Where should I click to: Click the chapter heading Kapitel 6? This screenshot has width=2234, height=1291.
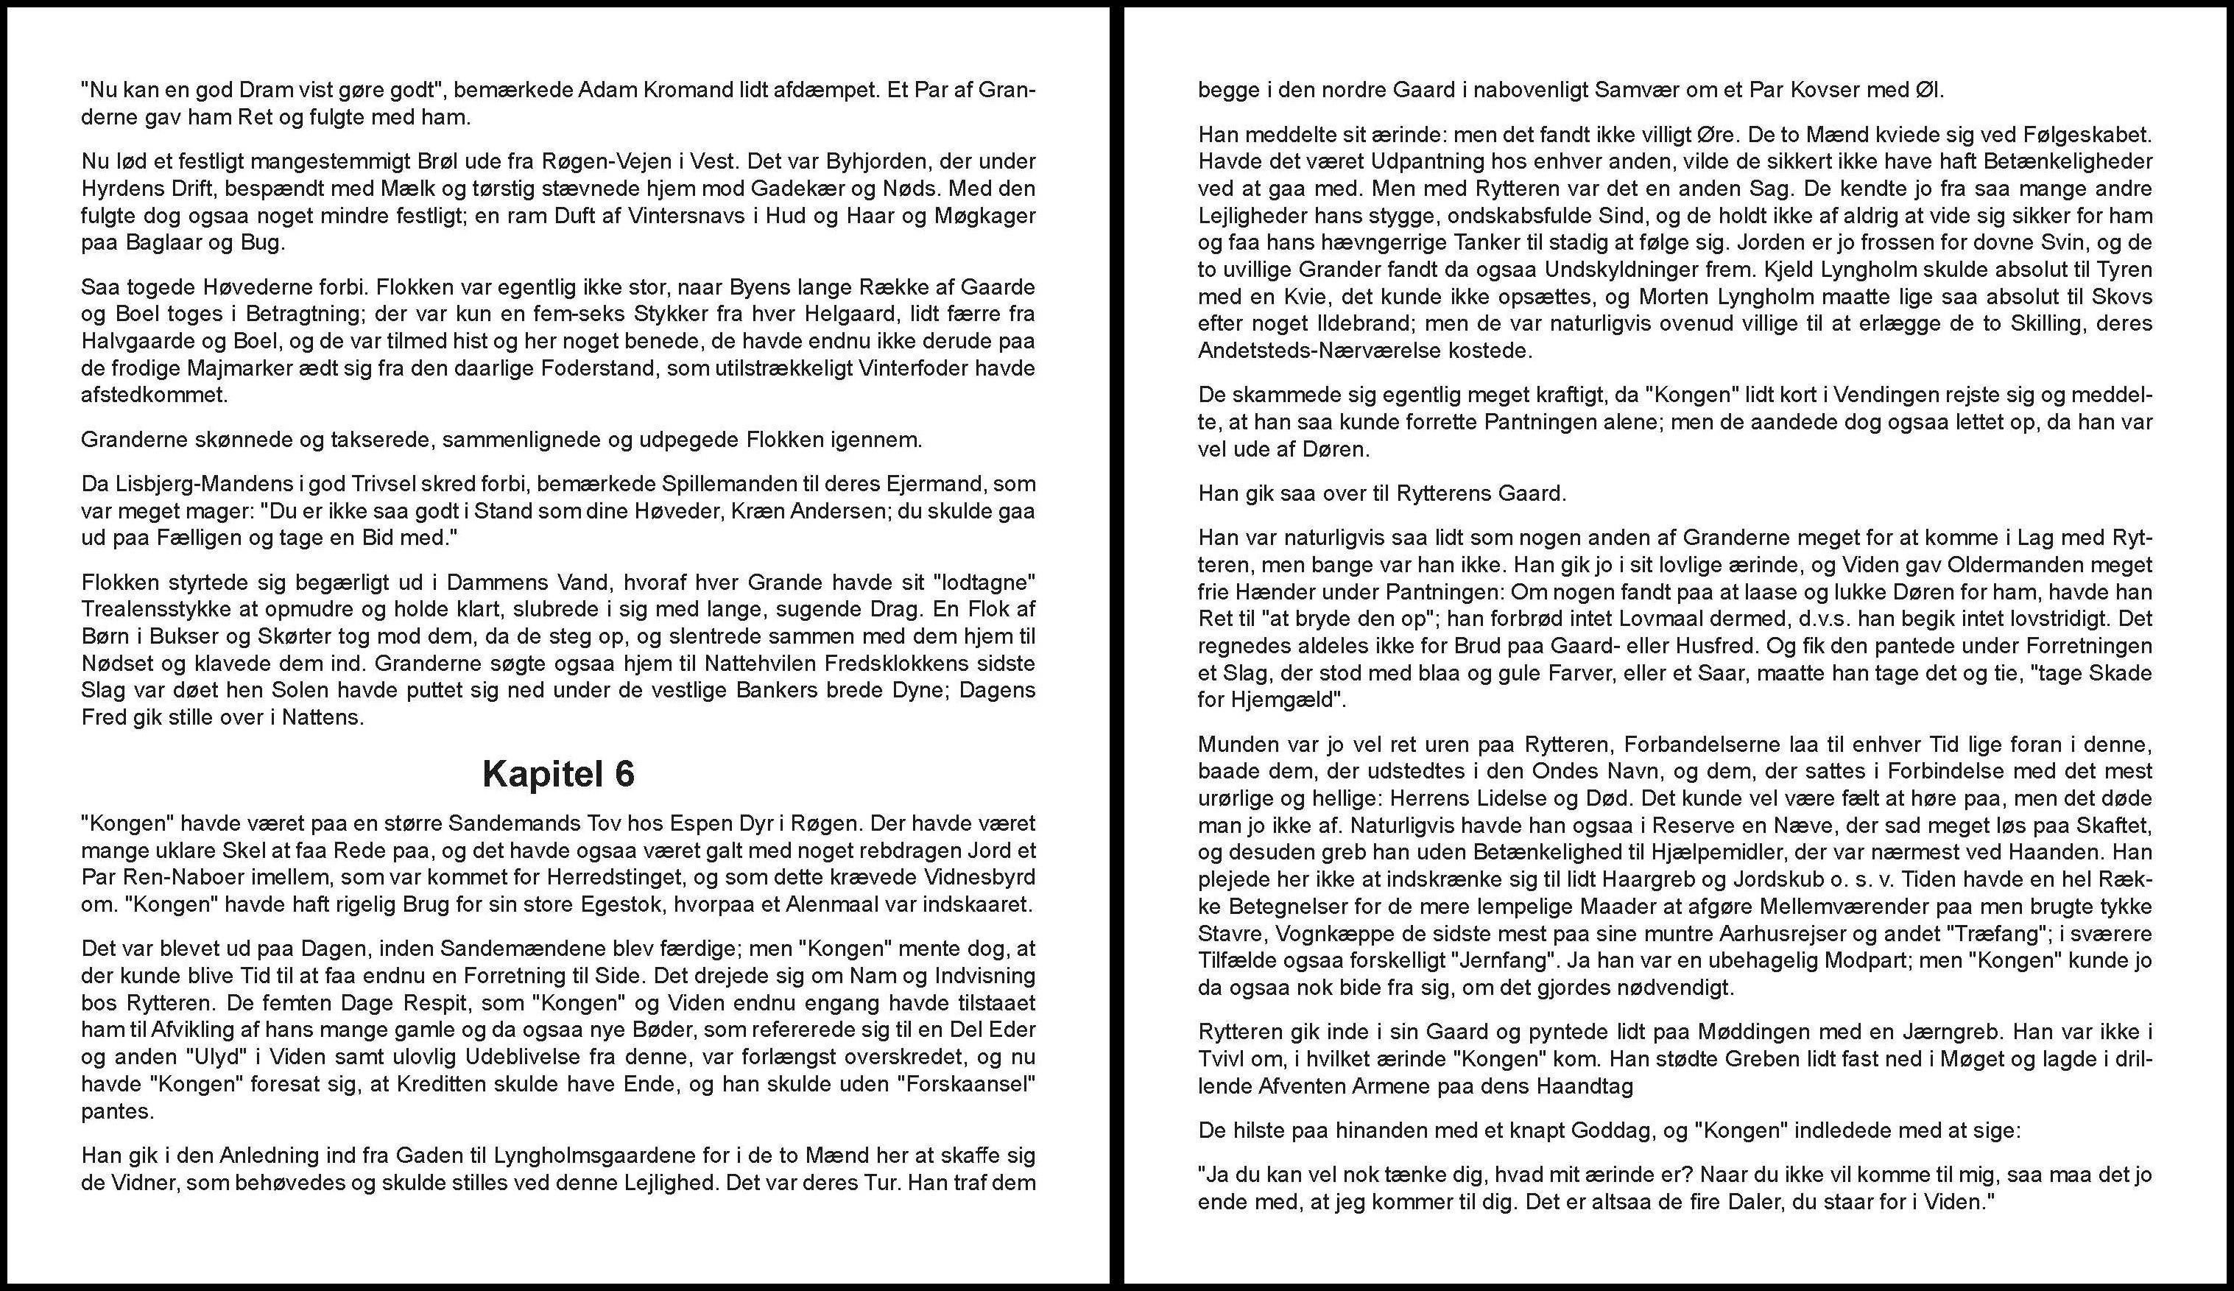pos(558,774)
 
